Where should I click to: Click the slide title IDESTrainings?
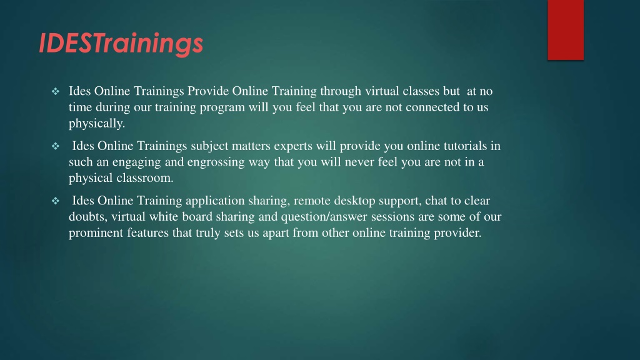(121, 43)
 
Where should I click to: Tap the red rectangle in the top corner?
(566, 30)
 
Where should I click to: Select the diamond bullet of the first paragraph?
(56, 91)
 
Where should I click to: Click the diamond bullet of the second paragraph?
(56, 146)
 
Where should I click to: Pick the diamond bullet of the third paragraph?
(56, 201)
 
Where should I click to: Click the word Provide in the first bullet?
(208, 91)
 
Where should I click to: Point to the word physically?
(97, 124)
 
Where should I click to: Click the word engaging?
(137, 162)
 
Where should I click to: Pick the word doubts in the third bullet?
(88, 217)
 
